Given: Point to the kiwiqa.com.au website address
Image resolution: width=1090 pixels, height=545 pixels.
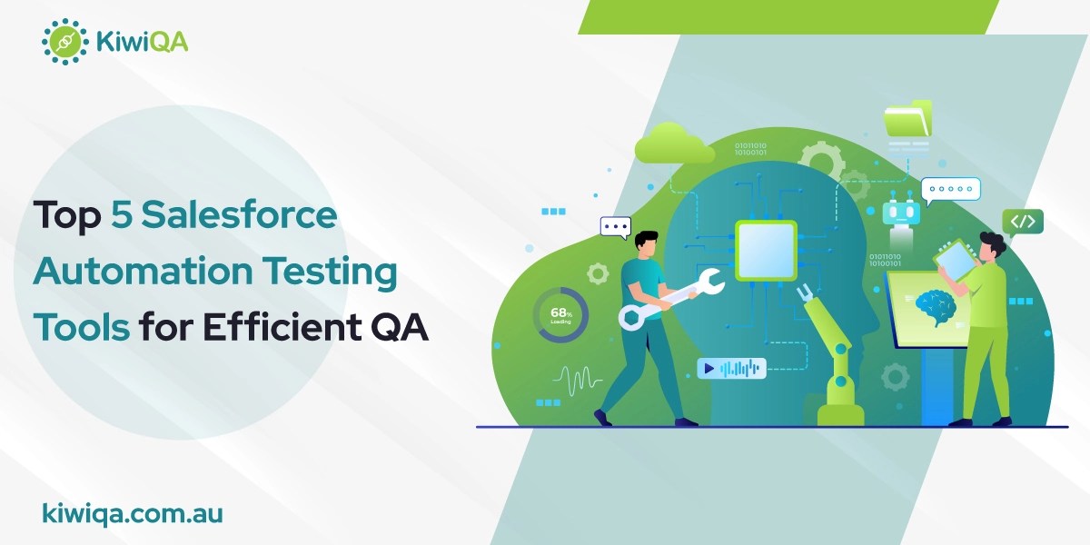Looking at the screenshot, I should tap(133, 513).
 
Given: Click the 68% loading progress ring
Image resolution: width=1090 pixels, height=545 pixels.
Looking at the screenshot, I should tap(560, 315).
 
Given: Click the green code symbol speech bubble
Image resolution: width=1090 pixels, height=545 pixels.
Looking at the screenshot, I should tap(1023, 221).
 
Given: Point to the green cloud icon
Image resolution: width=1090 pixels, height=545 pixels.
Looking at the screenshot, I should tap(674, 145).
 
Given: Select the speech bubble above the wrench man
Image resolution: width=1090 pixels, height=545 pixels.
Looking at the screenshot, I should tap(616, 227).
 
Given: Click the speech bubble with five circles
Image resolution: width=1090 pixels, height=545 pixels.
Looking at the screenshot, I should tap(950, 190).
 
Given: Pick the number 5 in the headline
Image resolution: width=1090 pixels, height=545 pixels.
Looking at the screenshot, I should tap(124, 217).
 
